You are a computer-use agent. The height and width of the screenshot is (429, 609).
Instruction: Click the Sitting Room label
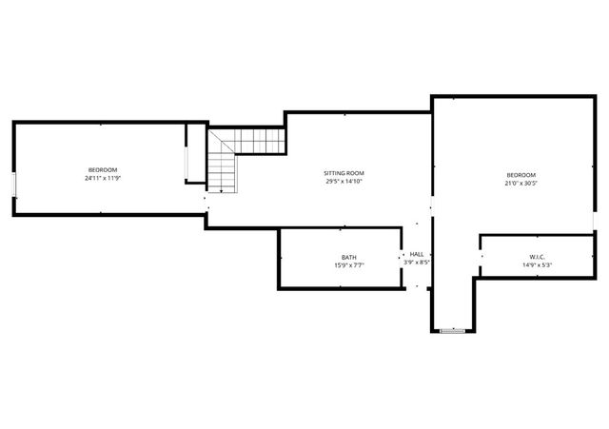[x=344, y=173]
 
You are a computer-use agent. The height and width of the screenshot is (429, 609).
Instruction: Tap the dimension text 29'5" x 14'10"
[x=344, y=182]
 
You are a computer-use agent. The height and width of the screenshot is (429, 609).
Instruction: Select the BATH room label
[x=349, y=258]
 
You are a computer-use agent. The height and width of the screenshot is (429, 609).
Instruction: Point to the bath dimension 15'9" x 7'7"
[x=349, y=265]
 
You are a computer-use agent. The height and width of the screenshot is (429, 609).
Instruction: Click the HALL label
[x=417, y=254]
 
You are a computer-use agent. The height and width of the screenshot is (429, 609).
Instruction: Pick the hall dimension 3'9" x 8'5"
[x=417, y=263]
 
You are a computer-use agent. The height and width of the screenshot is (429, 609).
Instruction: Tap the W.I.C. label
[x=538, y=258]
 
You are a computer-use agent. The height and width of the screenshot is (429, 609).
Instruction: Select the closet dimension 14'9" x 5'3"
[x=538, y=265]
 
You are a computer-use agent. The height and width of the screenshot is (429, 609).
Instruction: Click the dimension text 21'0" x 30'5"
[x=521, y=183]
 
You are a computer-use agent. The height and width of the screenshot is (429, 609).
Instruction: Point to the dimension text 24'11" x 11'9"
[x=103, y=178]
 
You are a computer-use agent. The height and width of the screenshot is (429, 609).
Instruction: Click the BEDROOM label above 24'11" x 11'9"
[x=103, y=169]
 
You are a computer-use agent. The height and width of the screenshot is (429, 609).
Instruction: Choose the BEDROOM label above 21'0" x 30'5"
[x=521, y=175]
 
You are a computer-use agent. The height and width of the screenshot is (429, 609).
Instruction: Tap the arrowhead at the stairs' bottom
[x=221, y=191]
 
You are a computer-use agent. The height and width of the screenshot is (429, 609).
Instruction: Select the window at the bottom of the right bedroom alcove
[x=453, y=330]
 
